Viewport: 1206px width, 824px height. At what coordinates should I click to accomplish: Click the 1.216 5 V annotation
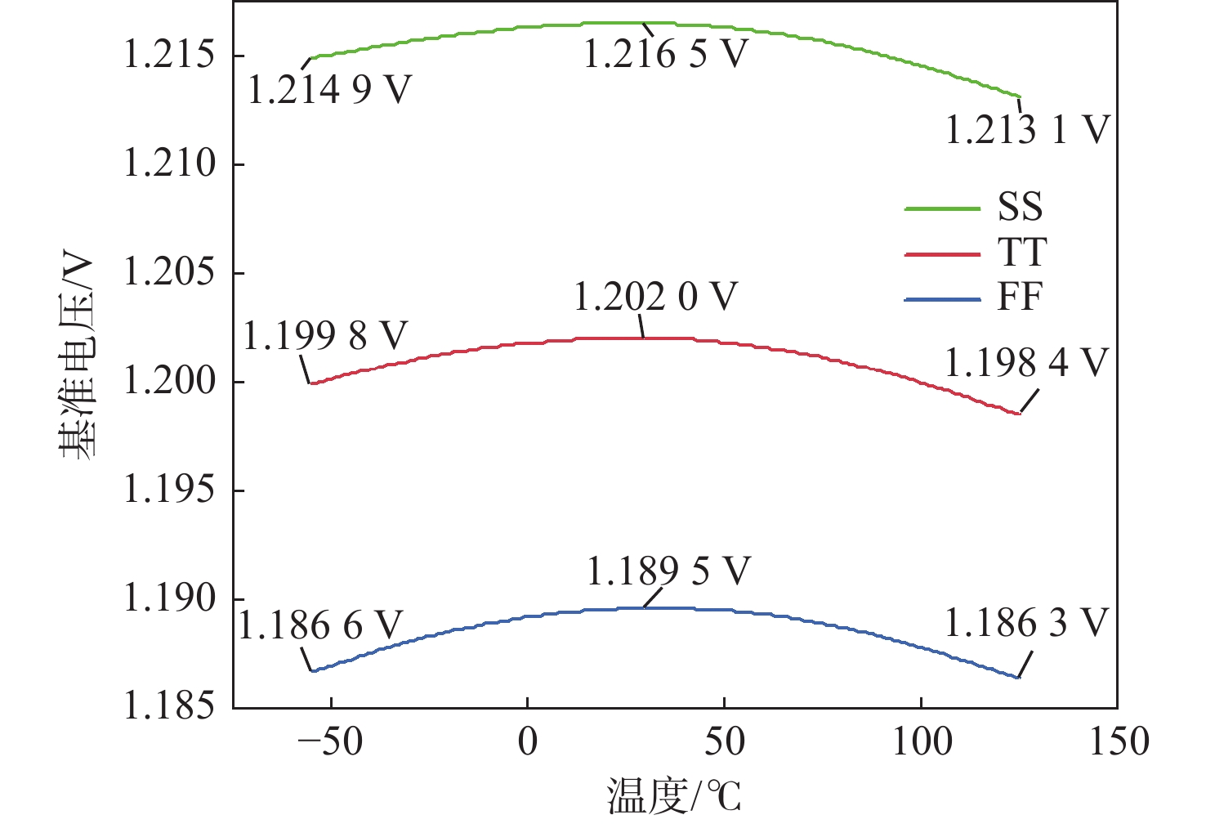pyautogui.click(x=666, y=54)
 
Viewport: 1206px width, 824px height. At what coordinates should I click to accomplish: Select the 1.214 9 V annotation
pyautogui.click(x=329, y=89)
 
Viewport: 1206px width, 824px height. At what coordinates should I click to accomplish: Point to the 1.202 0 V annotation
pyautogui.click(x=655, y=296)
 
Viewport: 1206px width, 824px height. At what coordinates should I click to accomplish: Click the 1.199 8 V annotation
pyautogui.click(x=325, y=336)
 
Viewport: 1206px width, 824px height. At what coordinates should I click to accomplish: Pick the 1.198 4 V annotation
pyautogui.click(x=1026, y=362)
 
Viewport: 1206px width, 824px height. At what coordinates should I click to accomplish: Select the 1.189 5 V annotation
pyautogui.click(x=668, y=571)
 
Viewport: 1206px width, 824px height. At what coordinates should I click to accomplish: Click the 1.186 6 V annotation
pyautogui.click(x=320, y=625)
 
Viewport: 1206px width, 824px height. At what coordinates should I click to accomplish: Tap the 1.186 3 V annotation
pyautogui.click(x=1026, y=623)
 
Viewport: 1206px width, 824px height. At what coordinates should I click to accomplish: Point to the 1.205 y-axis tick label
pyautogui.click(x=169, y=272)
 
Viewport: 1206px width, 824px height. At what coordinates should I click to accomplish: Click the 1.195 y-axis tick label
pyautogui.click(x=169, y=490)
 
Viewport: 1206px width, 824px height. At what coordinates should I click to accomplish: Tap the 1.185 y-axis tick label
pyautogui.click(x=169, y=706)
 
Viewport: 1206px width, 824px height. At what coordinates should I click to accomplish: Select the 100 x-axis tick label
pyautogui.click(x=921, y=742)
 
